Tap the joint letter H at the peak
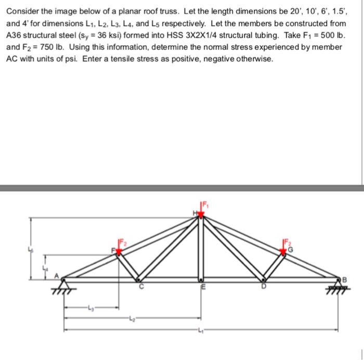pos(196,212)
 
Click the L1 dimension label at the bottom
pos(200,331)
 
